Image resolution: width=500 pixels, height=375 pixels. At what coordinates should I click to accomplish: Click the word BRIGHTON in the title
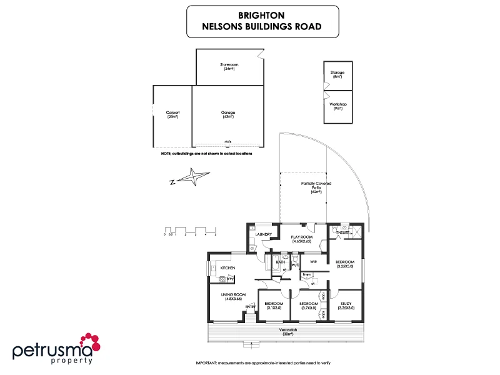(262, 14)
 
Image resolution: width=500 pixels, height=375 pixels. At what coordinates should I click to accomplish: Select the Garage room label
(227, 114)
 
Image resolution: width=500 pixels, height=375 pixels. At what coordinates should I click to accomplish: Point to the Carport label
(172, 114)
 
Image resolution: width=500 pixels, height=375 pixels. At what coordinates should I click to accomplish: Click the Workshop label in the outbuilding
(338, 106)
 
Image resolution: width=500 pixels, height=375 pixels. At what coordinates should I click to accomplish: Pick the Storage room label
(337, 74)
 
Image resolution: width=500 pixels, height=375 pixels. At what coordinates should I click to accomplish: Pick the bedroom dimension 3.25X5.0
(344, 266)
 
